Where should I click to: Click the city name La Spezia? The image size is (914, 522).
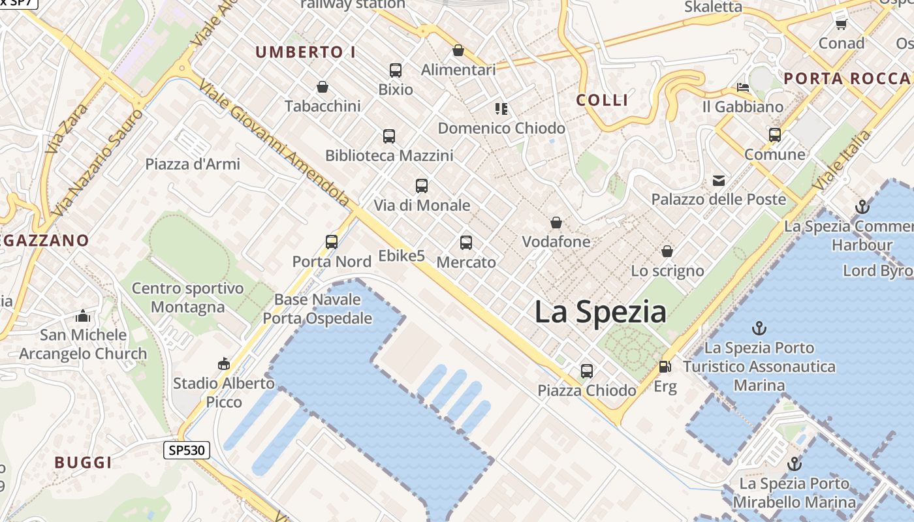point(600,312)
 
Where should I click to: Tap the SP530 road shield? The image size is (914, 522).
point(186,450)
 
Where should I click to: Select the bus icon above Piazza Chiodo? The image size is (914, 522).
point(587,371)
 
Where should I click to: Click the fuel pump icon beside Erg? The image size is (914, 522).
point(665,367)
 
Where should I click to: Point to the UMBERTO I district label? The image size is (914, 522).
point(306,52)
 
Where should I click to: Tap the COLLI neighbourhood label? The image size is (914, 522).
point(603,100)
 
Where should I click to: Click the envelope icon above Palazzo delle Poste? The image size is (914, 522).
point(719,180)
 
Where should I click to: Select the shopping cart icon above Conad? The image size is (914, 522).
point(842,24)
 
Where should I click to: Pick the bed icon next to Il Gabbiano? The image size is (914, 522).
point(743,87)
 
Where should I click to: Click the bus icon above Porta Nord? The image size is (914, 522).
point(332,241)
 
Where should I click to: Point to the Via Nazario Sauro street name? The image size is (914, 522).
point(98,163)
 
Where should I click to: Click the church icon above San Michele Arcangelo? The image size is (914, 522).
point(83,316)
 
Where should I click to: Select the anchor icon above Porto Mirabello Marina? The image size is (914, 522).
point(795,464)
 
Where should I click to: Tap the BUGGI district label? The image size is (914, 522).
point(83,463)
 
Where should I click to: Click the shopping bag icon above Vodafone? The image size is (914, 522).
point(556,223)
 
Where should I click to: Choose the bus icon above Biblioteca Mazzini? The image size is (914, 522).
point(389,136)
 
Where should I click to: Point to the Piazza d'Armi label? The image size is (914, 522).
point(193,164)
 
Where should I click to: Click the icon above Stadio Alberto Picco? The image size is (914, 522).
point(224,363)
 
